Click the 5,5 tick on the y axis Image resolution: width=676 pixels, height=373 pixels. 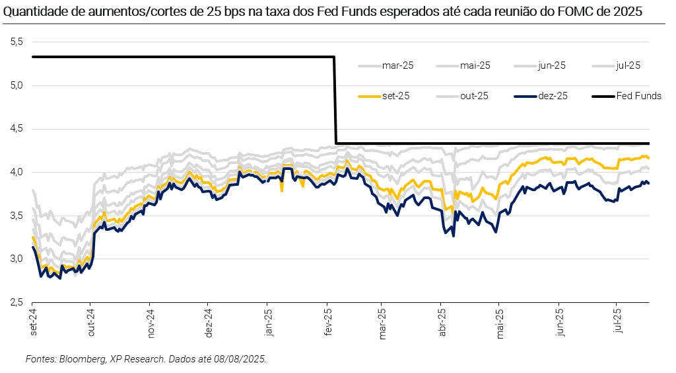point(17,42)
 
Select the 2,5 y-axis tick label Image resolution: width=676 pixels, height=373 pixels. point(17,302)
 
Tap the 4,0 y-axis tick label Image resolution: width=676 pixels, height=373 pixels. point(17,172)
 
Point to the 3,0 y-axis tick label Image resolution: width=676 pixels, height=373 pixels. point(17,259)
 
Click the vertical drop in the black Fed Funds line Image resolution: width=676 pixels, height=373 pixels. point(335,99)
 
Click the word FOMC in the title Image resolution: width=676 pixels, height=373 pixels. point(584,13)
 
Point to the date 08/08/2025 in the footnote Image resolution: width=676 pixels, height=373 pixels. point(240,359)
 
